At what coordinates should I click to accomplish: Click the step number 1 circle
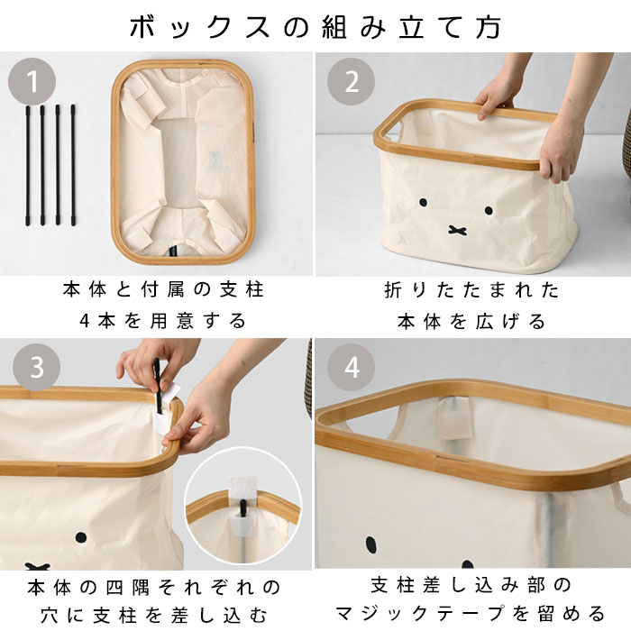click(x=32, y=82)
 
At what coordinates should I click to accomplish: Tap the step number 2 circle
click(x=351, y=82)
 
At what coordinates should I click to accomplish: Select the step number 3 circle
click(x=37, y=367)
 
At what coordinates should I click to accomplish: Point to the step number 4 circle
click(x=351, y=367)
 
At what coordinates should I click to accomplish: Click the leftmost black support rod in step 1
click(x=28, y=165)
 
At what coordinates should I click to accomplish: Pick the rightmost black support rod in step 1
click(x=73, y=165)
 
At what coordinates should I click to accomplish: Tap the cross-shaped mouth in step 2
click(x=458, y=230)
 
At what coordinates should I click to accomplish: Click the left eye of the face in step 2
click(x=424, y=203)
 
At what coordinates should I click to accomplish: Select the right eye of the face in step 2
click(x=489, y=210)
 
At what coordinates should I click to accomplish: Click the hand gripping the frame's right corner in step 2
click(x=560, y=151)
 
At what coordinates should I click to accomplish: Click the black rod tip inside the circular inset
click(x=243, y=508)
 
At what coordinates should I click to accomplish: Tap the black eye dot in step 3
click(x=81, y=537)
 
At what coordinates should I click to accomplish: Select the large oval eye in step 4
click(x=371, y=544)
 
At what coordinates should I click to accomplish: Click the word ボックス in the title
click(x=199, y=27)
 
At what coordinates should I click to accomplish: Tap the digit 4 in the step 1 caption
click(x=84, y=321)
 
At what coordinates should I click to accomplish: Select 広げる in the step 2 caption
click(x=511, y=322)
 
